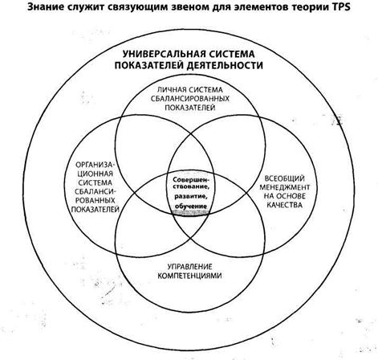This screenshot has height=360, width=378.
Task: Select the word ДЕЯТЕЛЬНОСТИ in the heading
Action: click(x=225, y=66)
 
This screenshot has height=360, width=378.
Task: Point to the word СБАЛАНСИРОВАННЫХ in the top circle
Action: click(x=190, y=99)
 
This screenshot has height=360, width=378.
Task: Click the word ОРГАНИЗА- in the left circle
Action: click(x=96, y=164)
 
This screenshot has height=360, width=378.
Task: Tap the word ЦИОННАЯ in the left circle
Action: click(x=95, y=174)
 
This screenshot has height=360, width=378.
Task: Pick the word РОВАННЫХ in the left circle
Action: click(x=95, y=200)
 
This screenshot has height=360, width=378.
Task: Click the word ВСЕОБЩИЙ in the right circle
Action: click(x=285, y=178)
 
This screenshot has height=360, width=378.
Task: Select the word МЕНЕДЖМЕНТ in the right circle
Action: click(x=285, y=187)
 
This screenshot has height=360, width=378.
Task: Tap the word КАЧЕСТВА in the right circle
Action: click(x=285, y=205)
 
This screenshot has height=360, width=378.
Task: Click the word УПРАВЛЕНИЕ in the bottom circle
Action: click(x=190, y=267)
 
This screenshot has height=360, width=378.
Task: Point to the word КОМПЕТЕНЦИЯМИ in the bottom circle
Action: click(x=189, y=276)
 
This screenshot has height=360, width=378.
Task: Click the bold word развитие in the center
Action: click(x=191, y=196)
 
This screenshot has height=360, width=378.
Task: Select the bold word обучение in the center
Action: click(x=191, y=207)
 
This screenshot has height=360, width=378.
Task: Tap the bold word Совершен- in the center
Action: click(x=191, y=179)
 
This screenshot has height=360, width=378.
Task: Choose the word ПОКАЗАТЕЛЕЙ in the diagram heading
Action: click(x=149, y=66)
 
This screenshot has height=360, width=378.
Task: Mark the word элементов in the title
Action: click(x=254, y=7)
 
